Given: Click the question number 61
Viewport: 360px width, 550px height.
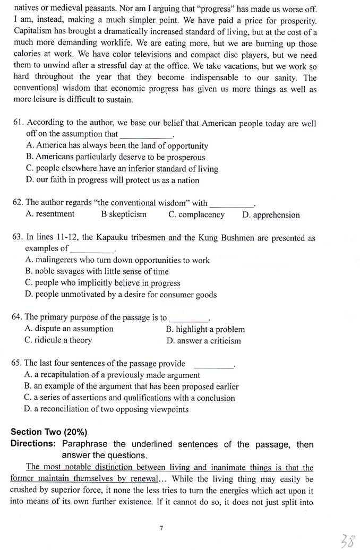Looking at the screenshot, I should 19,124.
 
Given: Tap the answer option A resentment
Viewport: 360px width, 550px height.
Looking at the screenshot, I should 50,214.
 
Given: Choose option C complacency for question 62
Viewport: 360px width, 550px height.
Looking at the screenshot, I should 196,214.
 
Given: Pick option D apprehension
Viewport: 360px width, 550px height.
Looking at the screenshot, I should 271,215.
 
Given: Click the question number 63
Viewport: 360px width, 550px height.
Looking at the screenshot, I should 18,238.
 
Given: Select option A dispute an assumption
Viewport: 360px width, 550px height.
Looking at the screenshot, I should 69,329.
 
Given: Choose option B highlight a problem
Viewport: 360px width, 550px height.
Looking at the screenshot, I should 205,329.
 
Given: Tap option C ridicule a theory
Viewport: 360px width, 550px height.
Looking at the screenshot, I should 58,340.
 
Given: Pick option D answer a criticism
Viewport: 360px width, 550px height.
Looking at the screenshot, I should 203,341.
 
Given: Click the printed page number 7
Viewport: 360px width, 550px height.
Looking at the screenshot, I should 161,528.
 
